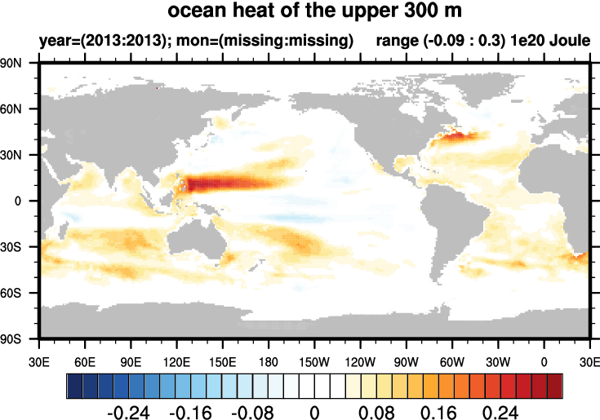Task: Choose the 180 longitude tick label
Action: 269,360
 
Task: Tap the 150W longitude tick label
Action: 314,360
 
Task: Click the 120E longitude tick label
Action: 176,360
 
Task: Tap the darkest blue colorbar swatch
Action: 73,384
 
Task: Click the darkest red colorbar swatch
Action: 555,384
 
